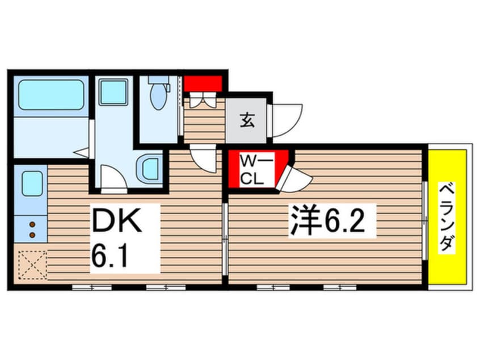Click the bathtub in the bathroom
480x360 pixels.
(50, 94)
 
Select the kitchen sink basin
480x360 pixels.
(32, 183)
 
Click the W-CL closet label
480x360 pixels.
(251, 169)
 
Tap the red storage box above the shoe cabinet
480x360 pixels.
(202, 83)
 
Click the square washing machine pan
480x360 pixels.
(113, 91)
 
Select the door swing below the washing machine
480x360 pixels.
(113, 178)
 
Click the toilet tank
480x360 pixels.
(159, 81)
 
